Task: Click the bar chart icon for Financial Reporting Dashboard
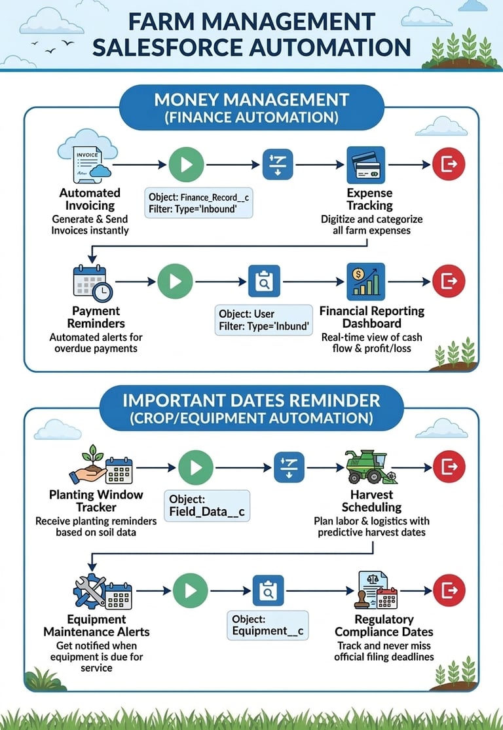point(365,281)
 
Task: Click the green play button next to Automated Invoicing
point(186,164)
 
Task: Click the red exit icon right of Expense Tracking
point(449,164)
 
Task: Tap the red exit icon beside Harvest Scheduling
point(449,467)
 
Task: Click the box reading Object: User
point(263,319)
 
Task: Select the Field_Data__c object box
point(206,506)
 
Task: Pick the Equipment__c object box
point(269,625)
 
